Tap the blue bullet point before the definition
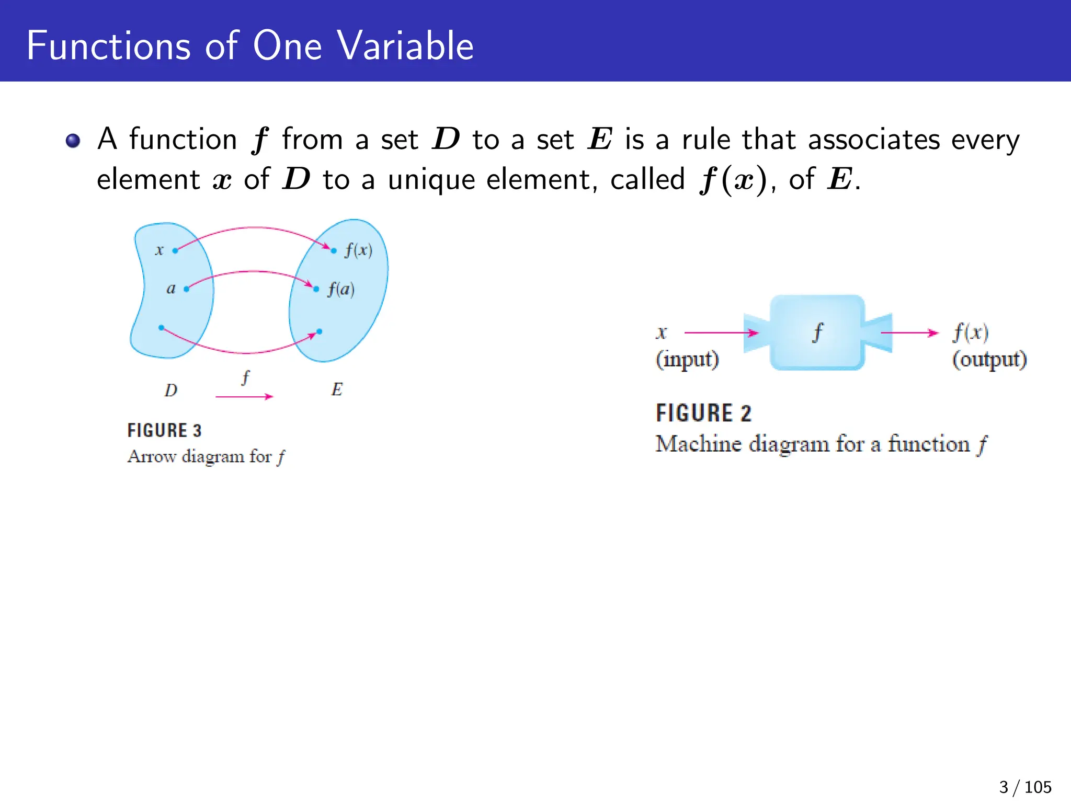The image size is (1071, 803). [73, 141]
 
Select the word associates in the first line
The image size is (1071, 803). [874, 140]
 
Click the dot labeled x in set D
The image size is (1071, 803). [175, 250]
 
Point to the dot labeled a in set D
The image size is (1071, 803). [187, 289]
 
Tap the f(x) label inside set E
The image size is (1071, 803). [359, 250]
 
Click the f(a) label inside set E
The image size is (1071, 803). [341, 289]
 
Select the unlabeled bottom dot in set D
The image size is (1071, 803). [161, 328]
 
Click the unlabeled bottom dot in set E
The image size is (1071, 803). [320, 331]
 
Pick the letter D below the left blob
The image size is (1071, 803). [171, 390]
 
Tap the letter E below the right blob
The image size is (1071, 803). [337, 389]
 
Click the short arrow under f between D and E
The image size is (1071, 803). [244, 397]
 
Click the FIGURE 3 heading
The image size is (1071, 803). [164, 430]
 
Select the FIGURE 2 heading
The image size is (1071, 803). [703, 413]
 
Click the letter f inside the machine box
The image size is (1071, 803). [817, 332]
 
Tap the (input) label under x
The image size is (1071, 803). [687, 360]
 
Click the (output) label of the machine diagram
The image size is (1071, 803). [989, 360]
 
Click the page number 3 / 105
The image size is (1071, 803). [1024, 787]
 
